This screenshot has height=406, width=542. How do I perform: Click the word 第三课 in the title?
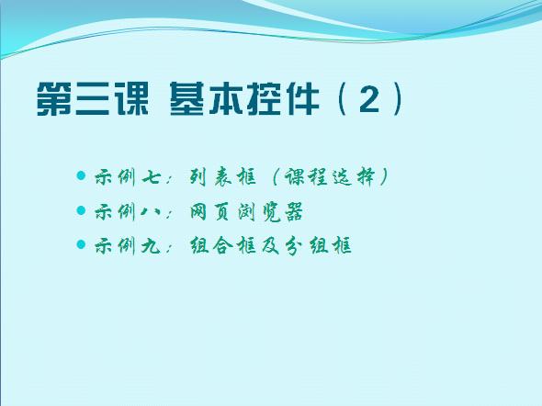pos(93,99)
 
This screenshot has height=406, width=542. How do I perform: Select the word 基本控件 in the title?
pos(244,99)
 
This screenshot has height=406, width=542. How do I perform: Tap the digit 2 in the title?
pos(368,99)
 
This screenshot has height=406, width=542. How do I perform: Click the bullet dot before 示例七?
pos(81,175)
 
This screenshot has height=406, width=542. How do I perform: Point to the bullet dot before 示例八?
pos(81,210)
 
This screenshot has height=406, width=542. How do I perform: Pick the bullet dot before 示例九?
pos(81,244)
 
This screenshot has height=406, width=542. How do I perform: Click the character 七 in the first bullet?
pos(152,177)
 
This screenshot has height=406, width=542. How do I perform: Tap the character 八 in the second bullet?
pos(151,211)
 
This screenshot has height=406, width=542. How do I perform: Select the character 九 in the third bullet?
pos(152,246)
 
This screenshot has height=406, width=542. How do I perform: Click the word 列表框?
pos(223,177)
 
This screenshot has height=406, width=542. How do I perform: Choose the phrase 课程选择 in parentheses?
pos(330,177)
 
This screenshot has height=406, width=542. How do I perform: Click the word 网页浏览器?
pos(246,211)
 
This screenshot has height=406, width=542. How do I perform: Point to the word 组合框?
pos(223,245)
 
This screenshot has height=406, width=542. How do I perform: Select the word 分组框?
pos(319,245)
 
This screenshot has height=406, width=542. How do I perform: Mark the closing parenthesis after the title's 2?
pos(397,99)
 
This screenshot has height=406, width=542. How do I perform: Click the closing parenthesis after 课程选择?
pos(383,177)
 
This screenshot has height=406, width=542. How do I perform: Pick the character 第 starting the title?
pos(54,99)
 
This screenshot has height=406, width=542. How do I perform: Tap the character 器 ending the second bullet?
pos(294,212)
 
